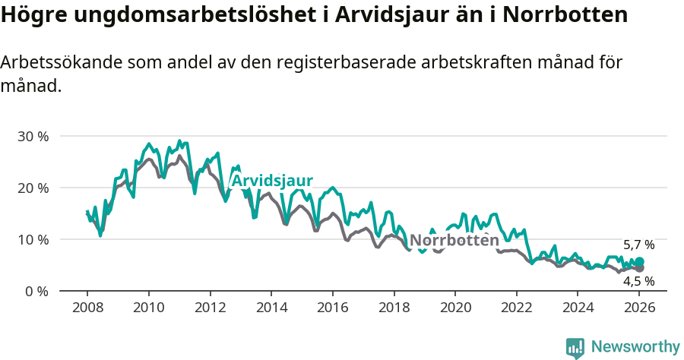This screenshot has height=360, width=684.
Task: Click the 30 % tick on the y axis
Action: click(x=33, y=137)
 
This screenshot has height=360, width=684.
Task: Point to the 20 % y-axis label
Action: click(x=33, y=188)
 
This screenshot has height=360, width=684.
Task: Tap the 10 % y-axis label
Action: click(x=33, y=240)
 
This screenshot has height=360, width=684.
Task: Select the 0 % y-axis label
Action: click(x=36, y=292)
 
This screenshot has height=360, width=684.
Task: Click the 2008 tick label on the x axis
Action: click(x=87, y=308)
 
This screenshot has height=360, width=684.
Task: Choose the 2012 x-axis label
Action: click(x=210, y=308)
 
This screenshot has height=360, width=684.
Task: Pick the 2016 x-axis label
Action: click(x=332, y=308)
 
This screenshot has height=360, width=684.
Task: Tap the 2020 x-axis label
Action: click(x=454, y=308)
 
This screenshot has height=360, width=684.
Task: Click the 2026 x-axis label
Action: click(x=638, y=308)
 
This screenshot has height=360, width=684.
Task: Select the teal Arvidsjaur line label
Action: click(x=272, y=181)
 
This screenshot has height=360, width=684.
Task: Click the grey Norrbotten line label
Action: click(x=454, y=241)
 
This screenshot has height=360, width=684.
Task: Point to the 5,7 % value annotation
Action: click(x=638, y=245)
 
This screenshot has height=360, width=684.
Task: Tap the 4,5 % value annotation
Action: click(x=638, y=281)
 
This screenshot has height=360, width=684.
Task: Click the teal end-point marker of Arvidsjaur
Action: click(x=639, y=262)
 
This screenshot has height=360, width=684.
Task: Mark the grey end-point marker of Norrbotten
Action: click(x=639, y=268)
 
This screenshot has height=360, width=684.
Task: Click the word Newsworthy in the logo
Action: click(x=635, y=347)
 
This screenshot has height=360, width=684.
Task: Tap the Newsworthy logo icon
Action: click(x=575, y=347)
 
